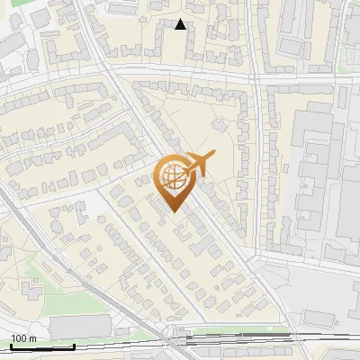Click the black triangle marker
(181, 24)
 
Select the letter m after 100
(32, 338)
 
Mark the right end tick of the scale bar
(74, 346)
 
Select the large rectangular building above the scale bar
(81, 327)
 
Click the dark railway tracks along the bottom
(252, 340)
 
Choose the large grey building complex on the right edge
(319, 171)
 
